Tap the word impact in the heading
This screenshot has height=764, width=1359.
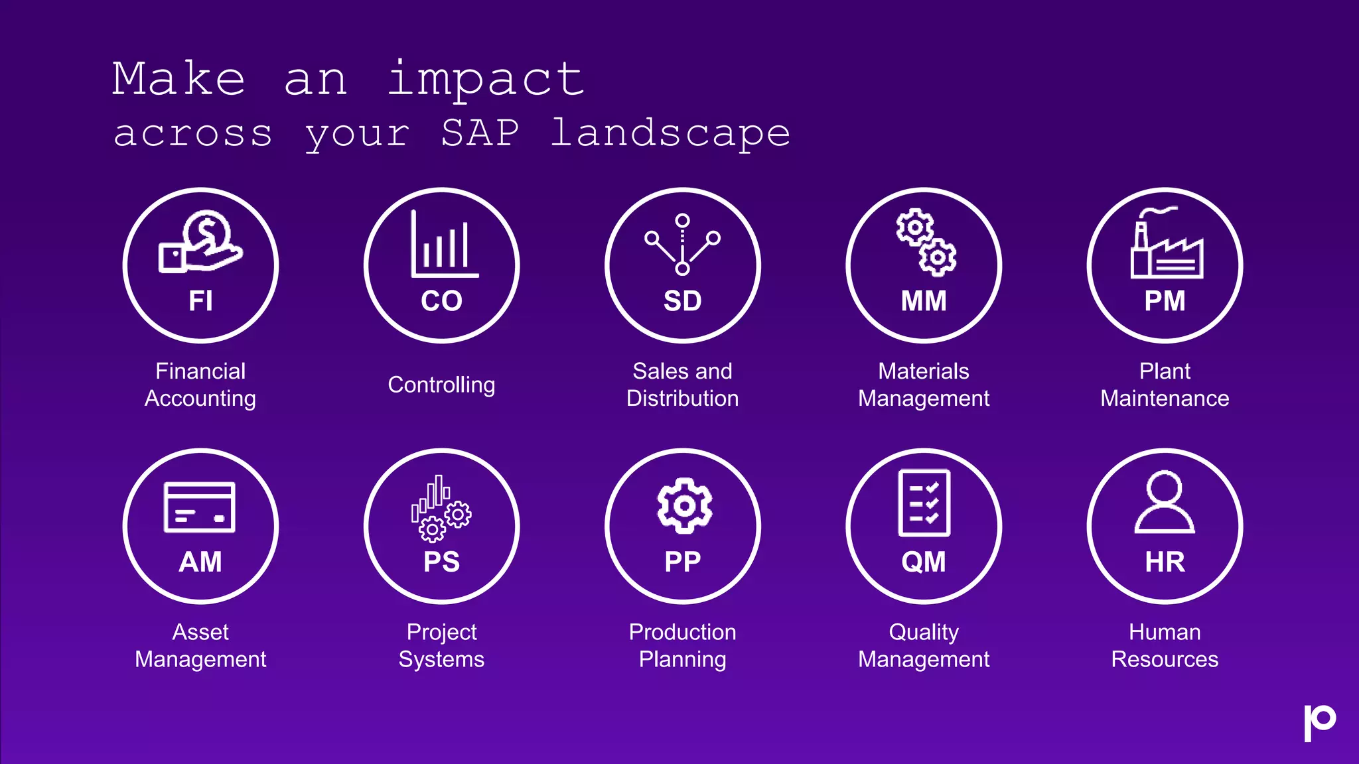tap(485, 80)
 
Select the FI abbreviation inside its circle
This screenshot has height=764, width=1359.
tap(200, 301)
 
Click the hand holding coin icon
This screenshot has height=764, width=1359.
tap(200, 241)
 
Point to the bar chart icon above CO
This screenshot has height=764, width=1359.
tap(443, 245)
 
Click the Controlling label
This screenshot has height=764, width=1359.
tap(441, 385)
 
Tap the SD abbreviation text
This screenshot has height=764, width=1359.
tap(682, 301)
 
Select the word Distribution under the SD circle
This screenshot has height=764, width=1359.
tap(682, 398)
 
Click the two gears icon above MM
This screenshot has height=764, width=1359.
tap(926, 243)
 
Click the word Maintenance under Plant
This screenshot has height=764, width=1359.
tap(1165, 398)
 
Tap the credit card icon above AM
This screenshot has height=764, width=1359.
tap(200, 507)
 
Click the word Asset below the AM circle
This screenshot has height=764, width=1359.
tap(200, 632)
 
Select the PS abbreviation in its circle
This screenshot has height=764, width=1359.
tap(441, 562)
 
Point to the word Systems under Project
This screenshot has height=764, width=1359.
tap(441, 659)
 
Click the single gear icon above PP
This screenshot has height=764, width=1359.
tap(684, 505)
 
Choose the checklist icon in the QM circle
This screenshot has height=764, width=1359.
tap(924, 503)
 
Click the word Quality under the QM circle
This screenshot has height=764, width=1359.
tap(924, 632)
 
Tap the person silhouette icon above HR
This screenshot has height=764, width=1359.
tap(1165, 503)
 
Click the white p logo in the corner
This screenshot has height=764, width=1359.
tap(1319, 722)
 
